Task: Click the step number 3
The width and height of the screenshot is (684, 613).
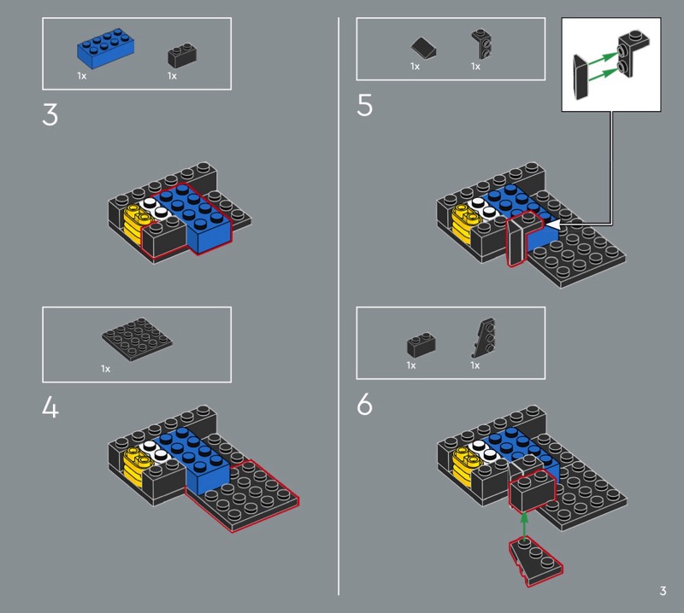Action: [50, 115]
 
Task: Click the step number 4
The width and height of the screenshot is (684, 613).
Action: [50, 408]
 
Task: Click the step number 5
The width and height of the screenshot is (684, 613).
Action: [365, 105]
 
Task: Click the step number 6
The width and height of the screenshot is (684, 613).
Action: [365, 404]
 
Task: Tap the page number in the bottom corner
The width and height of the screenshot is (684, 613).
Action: [663, 591]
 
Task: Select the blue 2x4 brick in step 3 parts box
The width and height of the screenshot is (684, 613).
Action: [105, 49]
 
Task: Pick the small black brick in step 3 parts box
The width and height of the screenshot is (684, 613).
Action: [182, 55]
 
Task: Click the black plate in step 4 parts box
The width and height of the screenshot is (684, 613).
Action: [137, 340]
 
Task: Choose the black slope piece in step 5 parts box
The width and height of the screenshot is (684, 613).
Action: [423, 48]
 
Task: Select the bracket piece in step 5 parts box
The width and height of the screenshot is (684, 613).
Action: [481, 44]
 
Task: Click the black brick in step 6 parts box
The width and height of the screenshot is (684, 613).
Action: [421, 345]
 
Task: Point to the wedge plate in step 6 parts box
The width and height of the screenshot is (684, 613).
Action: [484, 338]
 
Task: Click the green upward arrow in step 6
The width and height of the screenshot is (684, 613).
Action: [524, 526]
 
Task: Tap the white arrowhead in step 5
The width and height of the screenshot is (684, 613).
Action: [553, 225]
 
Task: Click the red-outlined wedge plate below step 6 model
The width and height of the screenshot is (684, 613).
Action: [536, 562]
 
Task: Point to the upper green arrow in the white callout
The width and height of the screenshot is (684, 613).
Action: [603, 58]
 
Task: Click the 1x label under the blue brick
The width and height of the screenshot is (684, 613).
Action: [81, 76]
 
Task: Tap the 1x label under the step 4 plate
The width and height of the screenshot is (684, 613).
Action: [105, 369]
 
